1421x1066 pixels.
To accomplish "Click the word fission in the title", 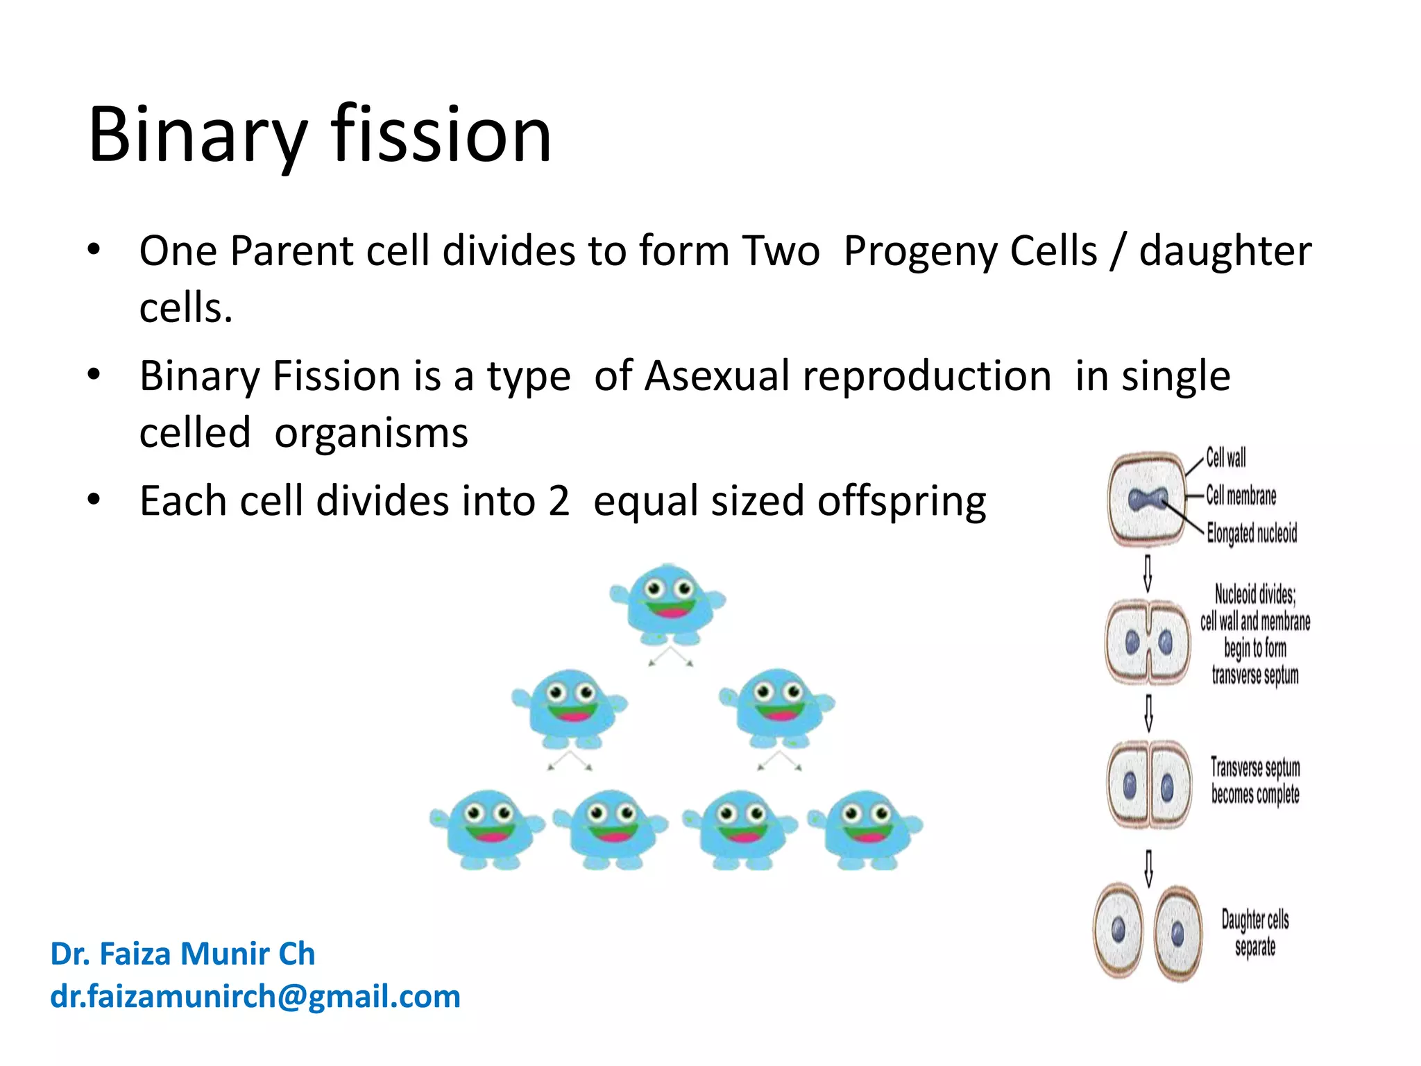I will click(x=441, y=135).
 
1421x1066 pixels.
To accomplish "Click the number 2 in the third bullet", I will click(x=559, y=501).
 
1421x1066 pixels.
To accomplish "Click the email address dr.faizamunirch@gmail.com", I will click(x=255, y=997).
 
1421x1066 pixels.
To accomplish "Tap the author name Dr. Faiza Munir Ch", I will click(x=182, y=954).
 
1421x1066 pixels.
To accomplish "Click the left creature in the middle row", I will click(x=570, y=708).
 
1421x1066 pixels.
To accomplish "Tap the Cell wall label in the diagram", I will click(x=1225, y=458).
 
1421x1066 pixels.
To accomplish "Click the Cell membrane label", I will click(x=1241, y=496).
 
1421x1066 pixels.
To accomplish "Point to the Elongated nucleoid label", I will click(x=1252, y=533).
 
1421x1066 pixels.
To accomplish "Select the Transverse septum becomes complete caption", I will click(x=1254, y=780).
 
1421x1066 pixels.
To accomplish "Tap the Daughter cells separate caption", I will click(x=1254, y=933).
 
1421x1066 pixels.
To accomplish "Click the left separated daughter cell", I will click(x=1118, y=930).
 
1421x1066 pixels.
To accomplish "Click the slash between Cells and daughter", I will click(x=1116, y=251).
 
